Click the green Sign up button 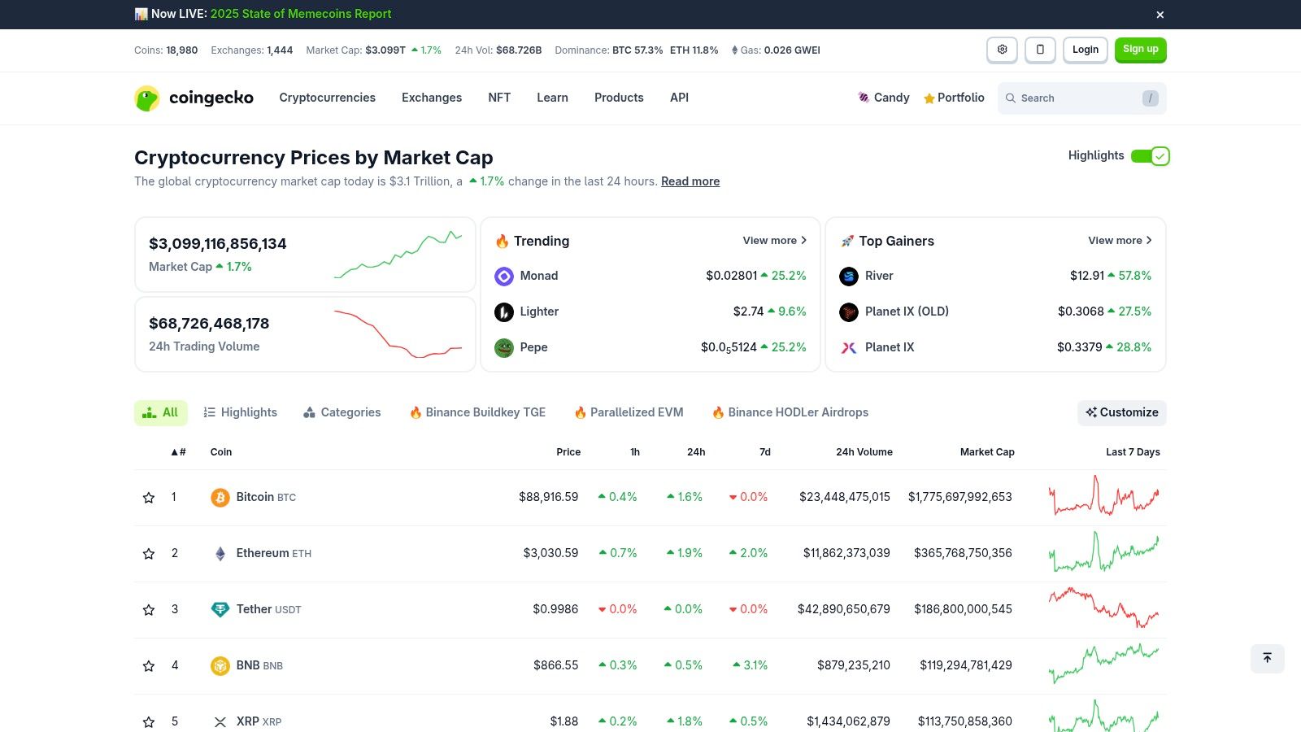[1140, 50]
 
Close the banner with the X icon [1160, 15]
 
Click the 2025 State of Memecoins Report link [301, 14]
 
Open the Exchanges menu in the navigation [432, 98]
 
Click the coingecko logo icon [147, 98]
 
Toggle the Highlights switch [1150, 156]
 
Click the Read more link [690, 181]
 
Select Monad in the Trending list [538, 276]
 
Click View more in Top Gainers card [1120, 241]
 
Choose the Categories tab [342, 412]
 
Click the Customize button [1122, 412]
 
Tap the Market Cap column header [987, 452]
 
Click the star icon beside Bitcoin [149, 498]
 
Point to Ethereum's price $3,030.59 [550, 553]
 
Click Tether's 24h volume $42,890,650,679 [843, 609]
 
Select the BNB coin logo [220, 666]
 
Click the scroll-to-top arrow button [1267, 658]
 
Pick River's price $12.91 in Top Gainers [1086, 276]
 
